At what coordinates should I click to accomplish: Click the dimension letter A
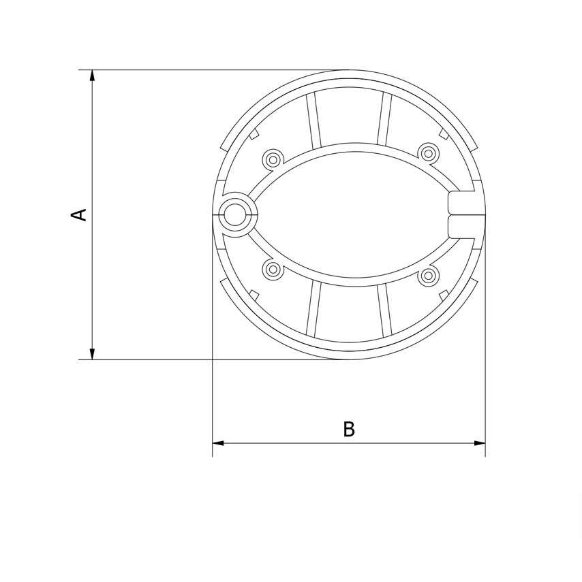(x=80, y=214)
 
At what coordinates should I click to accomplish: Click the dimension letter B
(x=349, y=430)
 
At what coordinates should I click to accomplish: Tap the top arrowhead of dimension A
(x=92, y=76)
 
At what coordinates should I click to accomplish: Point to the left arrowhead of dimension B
(x=218, y=443)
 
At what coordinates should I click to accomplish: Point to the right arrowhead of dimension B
(x=480, y=443)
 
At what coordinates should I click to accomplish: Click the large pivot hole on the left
(x=236, y=214)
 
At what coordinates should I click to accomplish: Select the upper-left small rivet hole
(x=273, y=159)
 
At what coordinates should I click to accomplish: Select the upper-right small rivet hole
(x=428, y=152)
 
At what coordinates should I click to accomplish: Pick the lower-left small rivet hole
(x=273, y=269)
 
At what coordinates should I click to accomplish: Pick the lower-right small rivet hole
(x=428, y=276)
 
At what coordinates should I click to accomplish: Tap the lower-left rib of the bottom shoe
(x=313, y=310)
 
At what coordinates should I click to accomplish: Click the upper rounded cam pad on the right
(x=461, y=202)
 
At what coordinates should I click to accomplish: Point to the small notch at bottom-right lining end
(x=443, y=295)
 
